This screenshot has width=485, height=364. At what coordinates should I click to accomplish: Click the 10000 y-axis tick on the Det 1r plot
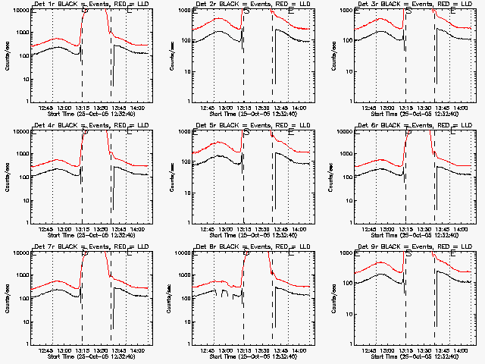(17, 11)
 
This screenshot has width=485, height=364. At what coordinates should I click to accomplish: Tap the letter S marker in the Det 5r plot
(246, 133)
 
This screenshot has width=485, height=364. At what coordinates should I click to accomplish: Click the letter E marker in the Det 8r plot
(291, 255)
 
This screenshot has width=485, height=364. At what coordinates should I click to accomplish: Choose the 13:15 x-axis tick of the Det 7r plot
(82, 350)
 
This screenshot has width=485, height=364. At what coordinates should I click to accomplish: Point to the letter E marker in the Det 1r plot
(129, 12)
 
